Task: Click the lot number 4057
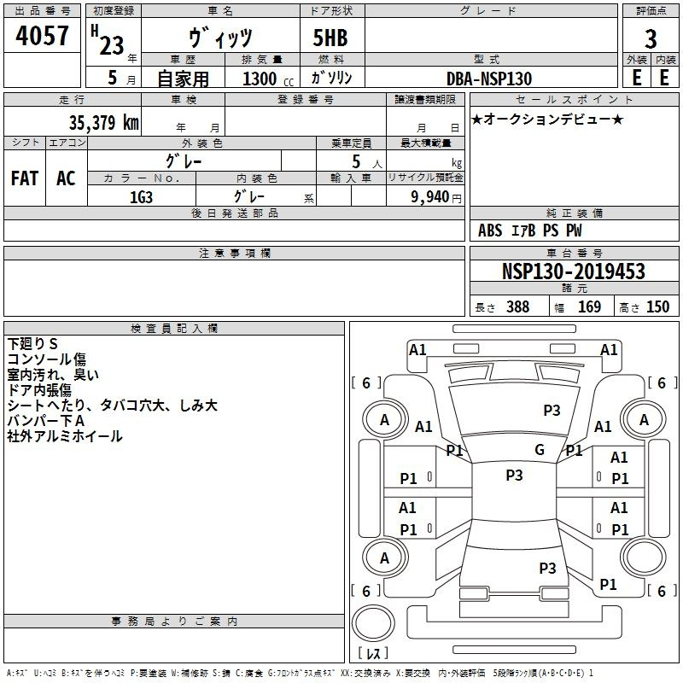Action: point(42,36)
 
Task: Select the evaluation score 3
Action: point(651,38)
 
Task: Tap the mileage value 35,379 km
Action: point(103,123)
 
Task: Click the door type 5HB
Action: point(330,38)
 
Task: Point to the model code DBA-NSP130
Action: point(489,79)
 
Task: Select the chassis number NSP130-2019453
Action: point(573,271)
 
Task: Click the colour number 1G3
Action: point(141,197)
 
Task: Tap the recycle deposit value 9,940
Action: point(429,197)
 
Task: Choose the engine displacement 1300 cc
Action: point(268,79)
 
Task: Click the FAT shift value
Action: point(25,178)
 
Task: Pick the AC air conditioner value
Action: point(66,178)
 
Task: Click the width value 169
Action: point(589,306)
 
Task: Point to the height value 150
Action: point(657,306)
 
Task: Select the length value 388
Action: point(517,306)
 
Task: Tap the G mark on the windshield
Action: point(540,449)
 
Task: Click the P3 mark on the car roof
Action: point(514,476)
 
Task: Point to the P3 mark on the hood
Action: point(552,411)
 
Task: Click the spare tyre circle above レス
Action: point(373,623)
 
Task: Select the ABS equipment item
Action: point(490,231)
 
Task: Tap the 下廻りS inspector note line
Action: point(32,344)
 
